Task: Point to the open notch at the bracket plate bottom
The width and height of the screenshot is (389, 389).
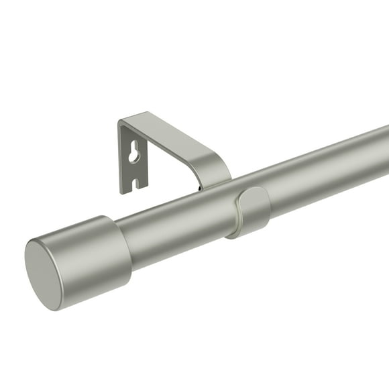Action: coord(135,183)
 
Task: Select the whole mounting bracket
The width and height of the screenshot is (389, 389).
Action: coord(168,151)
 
